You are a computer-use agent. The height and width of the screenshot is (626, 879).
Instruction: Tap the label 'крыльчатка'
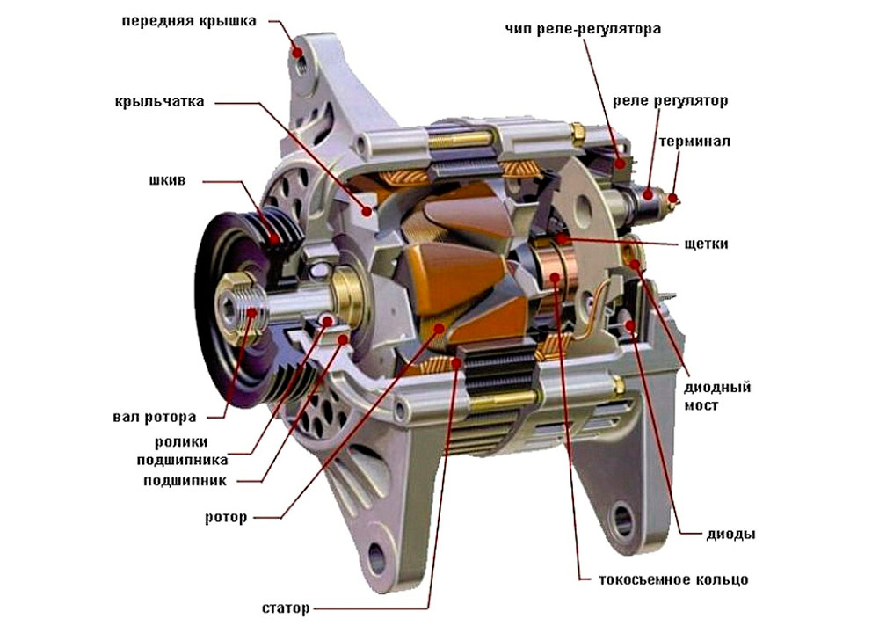coord(159,101)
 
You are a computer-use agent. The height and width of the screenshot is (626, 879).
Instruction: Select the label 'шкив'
coord(166,182)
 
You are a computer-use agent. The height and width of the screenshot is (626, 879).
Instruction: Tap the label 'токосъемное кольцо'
coord(673,580)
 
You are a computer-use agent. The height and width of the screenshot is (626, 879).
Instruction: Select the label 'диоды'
coord(730,534)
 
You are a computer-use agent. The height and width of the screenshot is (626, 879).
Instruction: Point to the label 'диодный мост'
coord(717,397)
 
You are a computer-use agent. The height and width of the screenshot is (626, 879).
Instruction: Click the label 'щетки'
coord(704,244)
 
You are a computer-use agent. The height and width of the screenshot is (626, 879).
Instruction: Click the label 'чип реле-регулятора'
coord(583,29)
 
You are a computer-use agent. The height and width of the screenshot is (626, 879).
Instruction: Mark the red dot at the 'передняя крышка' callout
coord(297,53)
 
